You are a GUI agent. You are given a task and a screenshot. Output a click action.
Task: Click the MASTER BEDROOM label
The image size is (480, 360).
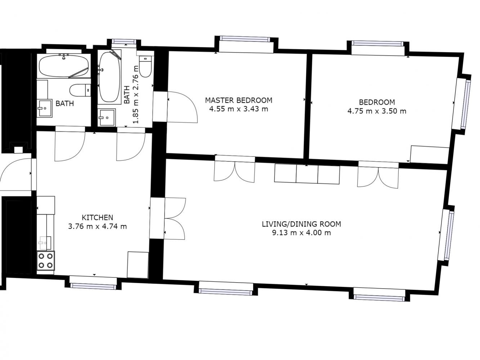point(239,100)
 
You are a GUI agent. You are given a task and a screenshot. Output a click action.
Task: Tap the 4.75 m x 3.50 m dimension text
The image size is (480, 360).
point(377,111)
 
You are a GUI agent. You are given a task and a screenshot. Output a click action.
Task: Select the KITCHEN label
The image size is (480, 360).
point(97,217)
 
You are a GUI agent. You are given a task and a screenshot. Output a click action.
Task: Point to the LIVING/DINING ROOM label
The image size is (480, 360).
point(301,224)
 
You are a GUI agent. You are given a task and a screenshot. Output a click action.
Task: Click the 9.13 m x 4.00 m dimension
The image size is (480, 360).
point(301,233)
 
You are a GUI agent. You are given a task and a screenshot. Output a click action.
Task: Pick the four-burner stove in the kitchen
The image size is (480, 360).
point(46,261)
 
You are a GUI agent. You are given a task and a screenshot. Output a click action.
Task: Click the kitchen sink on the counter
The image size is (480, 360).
point(45,243)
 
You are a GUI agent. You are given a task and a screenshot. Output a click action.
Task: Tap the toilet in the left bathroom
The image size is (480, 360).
point(80,90)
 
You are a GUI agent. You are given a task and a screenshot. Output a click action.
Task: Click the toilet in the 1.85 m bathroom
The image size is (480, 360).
point(145,66)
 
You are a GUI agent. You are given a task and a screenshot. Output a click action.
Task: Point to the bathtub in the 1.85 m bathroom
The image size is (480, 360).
point(109,77)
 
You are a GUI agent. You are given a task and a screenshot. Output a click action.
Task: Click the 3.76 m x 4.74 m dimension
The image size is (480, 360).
point(97,226)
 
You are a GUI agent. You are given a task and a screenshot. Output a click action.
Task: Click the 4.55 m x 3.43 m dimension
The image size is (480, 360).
point(239,109)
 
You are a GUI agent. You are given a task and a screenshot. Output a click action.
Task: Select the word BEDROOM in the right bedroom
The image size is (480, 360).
point(377,102)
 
